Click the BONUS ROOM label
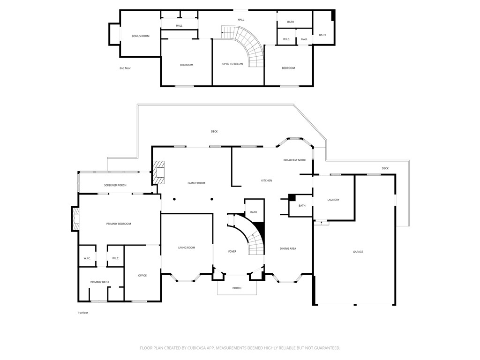point(140,36)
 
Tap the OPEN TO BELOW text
point(232,64)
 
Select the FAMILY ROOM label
point(196,183)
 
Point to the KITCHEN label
point(266,180)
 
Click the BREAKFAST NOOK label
point(294,160)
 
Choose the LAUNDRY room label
point(333,200)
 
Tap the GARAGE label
point(358,252)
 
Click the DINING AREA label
point(288,248)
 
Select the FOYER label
point(232,252)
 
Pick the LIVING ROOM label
point(187,247)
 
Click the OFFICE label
point(142,275)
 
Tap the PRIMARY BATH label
point(99,282)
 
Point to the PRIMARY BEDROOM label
point(119,224)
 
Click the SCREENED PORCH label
point(115,185)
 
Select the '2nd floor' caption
point(125,68)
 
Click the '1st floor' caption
point(83,313)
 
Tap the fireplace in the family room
point(160,173)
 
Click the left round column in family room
point(174,199)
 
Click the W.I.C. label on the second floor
point(286,39)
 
